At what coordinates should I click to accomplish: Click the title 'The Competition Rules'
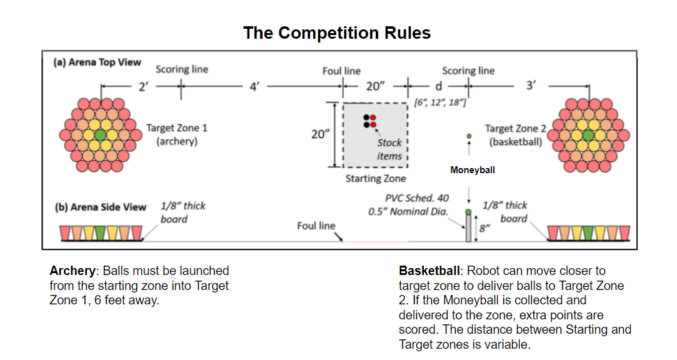337,32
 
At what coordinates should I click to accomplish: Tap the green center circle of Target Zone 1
101,134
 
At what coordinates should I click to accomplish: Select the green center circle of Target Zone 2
588,134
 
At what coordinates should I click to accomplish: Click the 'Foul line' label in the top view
341,71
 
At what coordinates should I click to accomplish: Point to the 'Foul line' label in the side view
316,226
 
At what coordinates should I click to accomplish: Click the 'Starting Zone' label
376,179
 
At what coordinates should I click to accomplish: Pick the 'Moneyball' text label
473,169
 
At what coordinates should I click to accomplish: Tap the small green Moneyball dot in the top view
469,136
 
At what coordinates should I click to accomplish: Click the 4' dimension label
254,87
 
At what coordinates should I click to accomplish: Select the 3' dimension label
531,86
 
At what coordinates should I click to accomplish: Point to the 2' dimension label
143,87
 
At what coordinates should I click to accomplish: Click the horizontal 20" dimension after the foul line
376,86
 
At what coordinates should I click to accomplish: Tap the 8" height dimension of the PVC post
484,229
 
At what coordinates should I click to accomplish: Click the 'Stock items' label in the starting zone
389,149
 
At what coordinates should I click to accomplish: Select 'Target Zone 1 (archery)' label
177,134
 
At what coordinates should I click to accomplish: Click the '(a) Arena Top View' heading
98,62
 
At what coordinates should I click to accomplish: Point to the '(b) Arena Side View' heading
101,207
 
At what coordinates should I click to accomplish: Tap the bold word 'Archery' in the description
72,271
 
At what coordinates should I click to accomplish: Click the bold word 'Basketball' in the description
429,271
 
